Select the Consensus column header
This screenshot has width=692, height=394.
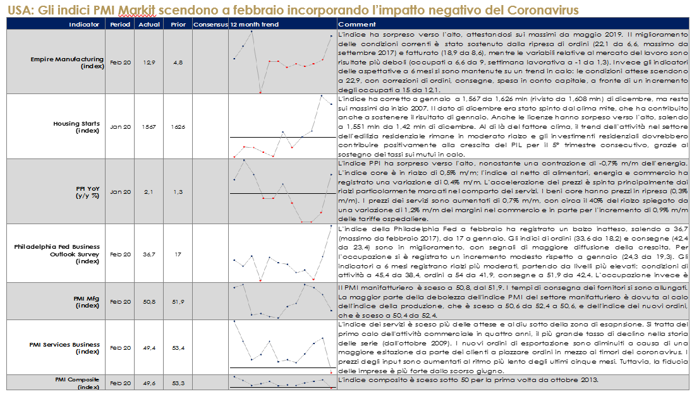click(x=209, y=24)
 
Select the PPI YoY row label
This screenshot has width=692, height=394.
click(x=87, y=191)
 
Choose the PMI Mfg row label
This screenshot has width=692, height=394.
click(x=86, y=302)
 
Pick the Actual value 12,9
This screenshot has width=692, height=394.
click(x=147, y=63)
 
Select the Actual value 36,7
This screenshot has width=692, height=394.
click(x=147, y=254)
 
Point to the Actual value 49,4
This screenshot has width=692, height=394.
click(x=147, y=348)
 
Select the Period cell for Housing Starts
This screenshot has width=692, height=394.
click(x=120, y=127)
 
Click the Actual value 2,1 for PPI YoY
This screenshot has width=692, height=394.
click(x=147, y=191)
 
